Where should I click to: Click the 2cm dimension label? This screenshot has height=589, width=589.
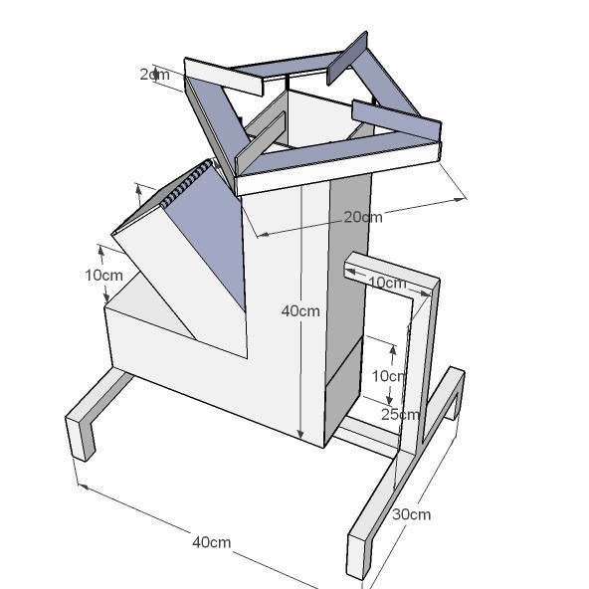(x=154, y=74)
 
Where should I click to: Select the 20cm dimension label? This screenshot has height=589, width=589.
(x=362, y=217)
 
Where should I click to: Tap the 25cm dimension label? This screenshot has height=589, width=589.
(x=400, y=414)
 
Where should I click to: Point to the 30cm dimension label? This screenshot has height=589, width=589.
(x=411, y=514)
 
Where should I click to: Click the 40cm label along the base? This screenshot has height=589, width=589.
(x=211, y=542)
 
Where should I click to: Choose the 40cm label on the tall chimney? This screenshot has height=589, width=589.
(x=300, y=310)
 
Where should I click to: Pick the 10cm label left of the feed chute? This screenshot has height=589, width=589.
(x=103, y=275)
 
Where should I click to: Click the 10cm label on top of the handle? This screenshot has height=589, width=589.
(x=387, y=283)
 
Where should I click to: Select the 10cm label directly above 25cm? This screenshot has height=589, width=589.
(x=388, y=376)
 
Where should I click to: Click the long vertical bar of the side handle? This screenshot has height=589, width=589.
(x=418, y=368)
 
